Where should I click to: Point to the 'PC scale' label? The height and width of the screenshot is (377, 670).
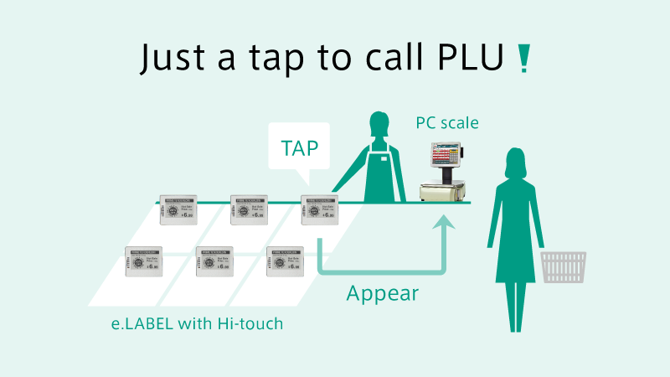(447, 123)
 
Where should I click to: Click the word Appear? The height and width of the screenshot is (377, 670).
(383, 293)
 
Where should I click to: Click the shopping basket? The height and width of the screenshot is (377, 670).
(564, 267)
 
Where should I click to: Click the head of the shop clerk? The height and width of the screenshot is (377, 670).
(378, 127)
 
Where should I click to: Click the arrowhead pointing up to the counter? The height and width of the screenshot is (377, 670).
(445, 220)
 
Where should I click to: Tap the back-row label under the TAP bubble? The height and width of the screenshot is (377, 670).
(319, 210)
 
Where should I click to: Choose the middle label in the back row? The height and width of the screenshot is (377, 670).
(249, 210)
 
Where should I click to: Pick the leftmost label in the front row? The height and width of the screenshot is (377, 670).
(143, 262)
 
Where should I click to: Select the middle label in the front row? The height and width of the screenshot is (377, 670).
(214, 262)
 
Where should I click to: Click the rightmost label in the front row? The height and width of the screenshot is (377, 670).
(284, 262)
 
